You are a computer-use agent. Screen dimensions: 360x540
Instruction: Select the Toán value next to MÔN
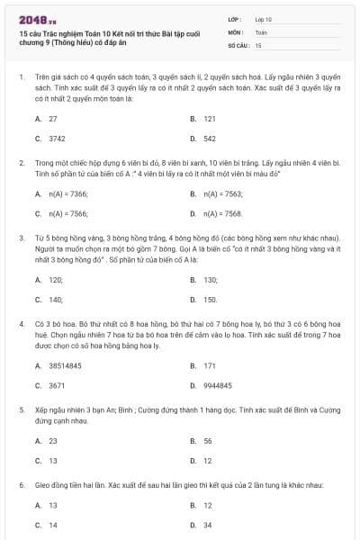262,31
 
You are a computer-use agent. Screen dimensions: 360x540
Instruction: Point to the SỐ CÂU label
238,44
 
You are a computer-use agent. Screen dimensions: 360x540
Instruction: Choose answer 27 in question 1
52,119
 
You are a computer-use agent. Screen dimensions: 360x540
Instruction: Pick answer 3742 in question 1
57,139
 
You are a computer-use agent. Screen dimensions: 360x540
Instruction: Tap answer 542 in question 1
209,139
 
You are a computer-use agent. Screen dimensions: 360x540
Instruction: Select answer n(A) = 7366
67,193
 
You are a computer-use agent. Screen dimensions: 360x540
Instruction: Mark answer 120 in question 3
56,280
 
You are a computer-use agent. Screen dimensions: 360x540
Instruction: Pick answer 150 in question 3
211,300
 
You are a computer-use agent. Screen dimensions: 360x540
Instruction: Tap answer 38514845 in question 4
65,366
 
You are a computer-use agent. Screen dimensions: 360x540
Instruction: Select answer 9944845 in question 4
219,385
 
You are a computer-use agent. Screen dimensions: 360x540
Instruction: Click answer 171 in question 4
209,366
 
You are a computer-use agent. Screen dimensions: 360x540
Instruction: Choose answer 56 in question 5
208,441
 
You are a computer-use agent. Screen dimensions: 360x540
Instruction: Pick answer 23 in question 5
52,441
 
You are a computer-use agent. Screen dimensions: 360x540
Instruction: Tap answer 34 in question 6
208,525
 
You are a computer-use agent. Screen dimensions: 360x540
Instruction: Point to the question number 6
21,485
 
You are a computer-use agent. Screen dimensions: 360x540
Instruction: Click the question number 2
21,163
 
